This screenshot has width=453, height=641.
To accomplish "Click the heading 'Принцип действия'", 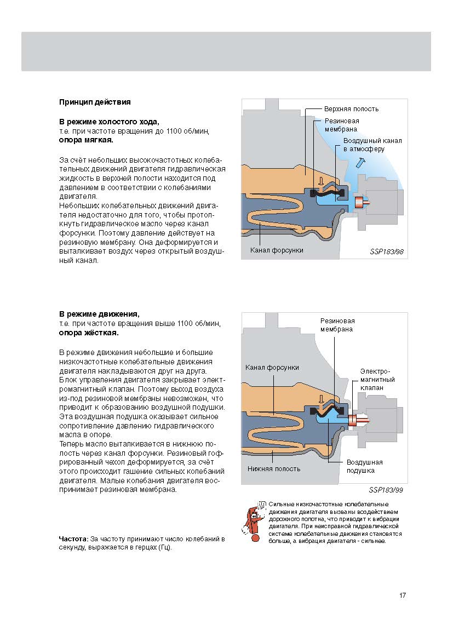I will pyautogui.click(x=94, y=102).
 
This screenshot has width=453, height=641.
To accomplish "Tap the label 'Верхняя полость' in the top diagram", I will pyautogui.click(x=351, y=109).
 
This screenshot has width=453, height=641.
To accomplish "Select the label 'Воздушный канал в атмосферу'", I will pyautogui.click(x=372, y=145).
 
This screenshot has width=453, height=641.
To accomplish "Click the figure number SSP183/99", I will pyautogui.click(x=386, y=490).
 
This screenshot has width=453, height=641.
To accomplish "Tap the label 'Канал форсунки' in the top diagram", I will pyautogui.click(x=277, y=250).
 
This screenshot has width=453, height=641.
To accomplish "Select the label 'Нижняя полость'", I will pyautogui.click(x=273, y=469).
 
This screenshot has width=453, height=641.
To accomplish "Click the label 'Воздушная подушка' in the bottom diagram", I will pyautogui.click(x=364, y=466).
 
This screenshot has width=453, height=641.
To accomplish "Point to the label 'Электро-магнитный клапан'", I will pyautogui.click(x=377, y=379).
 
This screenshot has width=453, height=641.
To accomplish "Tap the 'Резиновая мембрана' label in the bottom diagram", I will pyautogui.click(x=337, y=325).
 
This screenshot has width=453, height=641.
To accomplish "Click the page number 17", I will pyautogui.click(x=403, y=596).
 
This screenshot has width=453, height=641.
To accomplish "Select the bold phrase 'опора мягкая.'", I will pyautogui.click(x=86, y=140).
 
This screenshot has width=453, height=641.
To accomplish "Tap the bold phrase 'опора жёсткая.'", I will pyautogui.click(x=88, y=333).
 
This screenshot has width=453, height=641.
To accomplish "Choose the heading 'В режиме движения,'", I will pyautogui.click(x=99, y=314).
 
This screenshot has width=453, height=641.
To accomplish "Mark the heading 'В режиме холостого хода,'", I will pyautogui.click(x=109, y=121).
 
